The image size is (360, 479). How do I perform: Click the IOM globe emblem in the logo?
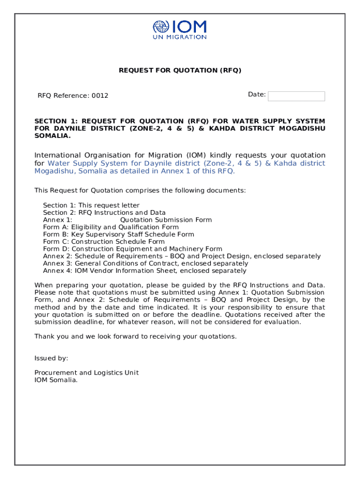[x=161, y=27]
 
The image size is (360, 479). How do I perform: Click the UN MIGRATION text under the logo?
[x=180, y=37]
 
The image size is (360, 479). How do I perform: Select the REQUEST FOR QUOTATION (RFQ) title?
[x=180, y=70]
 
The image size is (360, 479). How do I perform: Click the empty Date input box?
[x=296, y=96]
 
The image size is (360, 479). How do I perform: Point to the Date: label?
[x=257, y=94]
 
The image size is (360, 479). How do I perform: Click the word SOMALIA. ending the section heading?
[x=53, y=136]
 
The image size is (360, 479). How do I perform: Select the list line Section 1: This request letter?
[x=91, y=205]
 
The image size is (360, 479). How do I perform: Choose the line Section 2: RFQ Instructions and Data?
[x=104, y=212]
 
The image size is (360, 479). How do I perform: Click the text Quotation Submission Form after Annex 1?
[x=166, y=220]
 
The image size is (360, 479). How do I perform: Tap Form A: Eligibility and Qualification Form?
[x=111, y=227]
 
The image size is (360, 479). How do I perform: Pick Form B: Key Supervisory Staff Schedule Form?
[x=118, y=234]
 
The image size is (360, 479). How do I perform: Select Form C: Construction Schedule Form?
[x=104, y=241]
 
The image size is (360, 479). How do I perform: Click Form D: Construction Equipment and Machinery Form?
[x=132, y=249]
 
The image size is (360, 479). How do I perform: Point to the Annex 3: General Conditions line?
[x=145, y=263]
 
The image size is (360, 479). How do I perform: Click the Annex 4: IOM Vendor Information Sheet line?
[x=144, y=271]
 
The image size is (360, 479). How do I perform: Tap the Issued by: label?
[x=51, y=358]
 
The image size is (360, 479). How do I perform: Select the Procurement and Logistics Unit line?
[x=86, y=373]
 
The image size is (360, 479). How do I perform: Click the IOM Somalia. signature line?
[x=56, y=380]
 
